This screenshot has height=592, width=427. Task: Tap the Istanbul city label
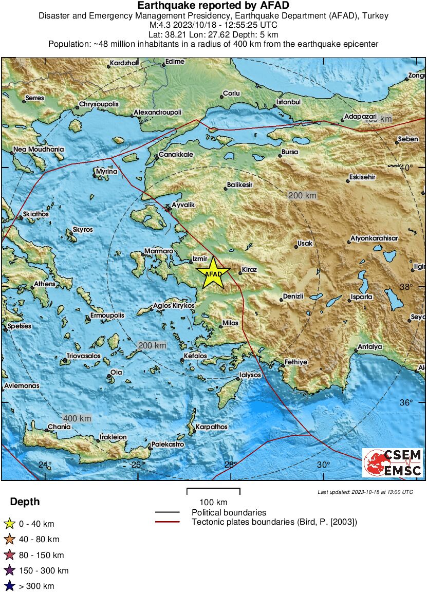tap(288, 102)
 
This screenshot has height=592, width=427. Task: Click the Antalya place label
tap(370, 347)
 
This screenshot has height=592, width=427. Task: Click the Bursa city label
tap(289, 153)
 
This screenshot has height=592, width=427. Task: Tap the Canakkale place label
tap(176, 154)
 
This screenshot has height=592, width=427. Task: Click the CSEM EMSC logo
tap(393, 462)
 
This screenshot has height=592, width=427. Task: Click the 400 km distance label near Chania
tap(77, 418)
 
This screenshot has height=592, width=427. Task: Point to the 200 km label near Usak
tap(302, 195)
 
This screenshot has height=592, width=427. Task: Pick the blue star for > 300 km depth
tap(9, 586)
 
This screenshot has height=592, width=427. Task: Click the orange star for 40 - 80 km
tap(9, 540)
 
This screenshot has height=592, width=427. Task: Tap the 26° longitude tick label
tap(136, 465)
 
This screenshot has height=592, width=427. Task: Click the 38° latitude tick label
tap(420, 287)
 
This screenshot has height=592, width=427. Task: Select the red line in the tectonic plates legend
tap(168, 522)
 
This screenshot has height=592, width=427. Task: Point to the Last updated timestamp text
tap(365, 492)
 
